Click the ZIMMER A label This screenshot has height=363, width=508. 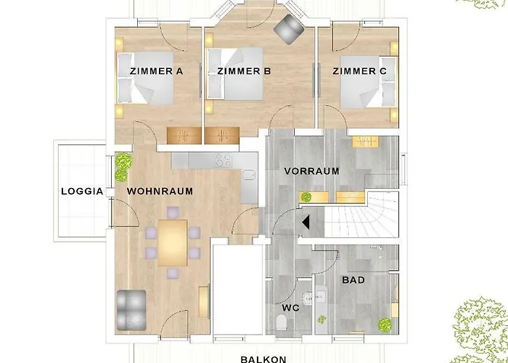[157, 71]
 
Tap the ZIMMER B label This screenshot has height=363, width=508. [244, 71]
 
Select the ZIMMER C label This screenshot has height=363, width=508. [360, 71]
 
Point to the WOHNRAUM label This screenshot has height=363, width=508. [160, 191]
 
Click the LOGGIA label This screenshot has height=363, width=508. [82, 191]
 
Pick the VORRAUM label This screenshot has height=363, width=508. [311, 171]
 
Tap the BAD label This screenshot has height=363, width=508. [353, 280]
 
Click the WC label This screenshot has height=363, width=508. [290, 308]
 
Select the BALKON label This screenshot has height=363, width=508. [263, 359]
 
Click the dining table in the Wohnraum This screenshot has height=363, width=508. [173, 242]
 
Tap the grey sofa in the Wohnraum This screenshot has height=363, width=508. [131, 310]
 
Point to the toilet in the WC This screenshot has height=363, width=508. [282, 323]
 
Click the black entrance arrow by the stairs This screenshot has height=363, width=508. [306, 223]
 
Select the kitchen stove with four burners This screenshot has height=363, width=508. [224, 160]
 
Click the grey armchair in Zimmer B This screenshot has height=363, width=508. [289, 29]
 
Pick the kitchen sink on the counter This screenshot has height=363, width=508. [248, 176]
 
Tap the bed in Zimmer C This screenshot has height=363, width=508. [369, 82]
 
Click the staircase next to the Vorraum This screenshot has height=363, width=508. [361, 214]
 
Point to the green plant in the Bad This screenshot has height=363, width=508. [385, 324]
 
